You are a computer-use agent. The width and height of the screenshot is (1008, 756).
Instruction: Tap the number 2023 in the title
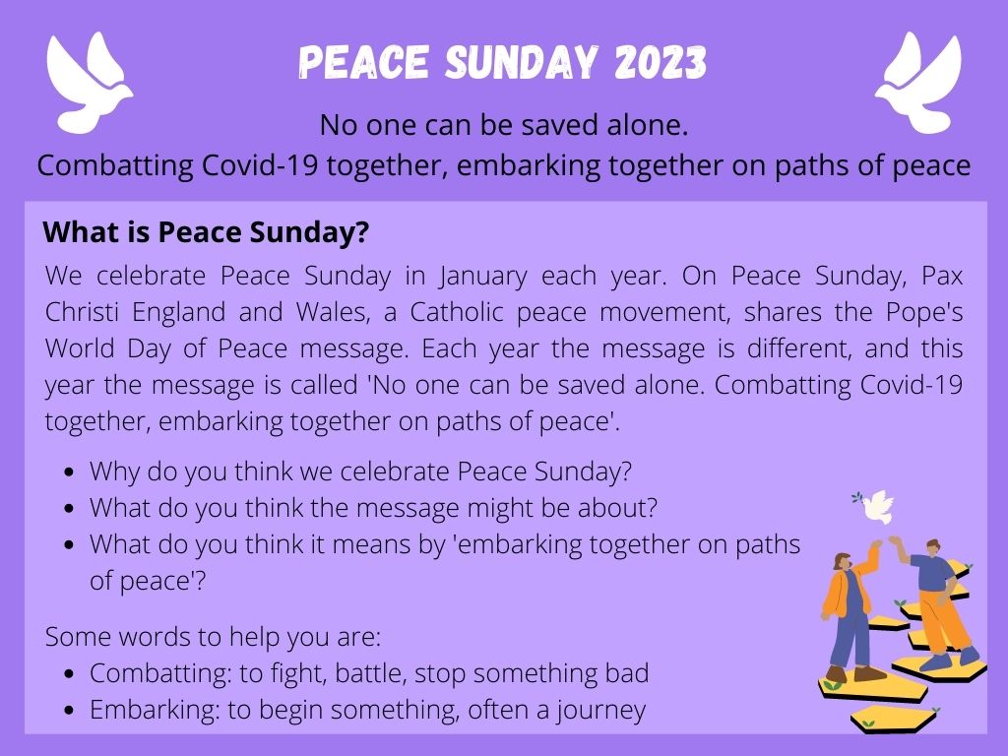pyautogui.click(x=661, y=62)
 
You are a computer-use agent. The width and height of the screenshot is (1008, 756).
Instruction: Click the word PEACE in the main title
pyautogui.click(x=363, y=62)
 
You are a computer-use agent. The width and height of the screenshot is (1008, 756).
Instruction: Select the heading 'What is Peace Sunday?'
pyautogui.click(x=206, y=232)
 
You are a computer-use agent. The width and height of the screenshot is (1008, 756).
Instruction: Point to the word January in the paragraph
pyautogui.click(x=483, y=277)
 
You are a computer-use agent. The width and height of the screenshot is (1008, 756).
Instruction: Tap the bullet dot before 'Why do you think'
pyautogui.click(x=70, y=472)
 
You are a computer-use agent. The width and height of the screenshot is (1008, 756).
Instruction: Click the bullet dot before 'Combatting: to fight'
pyautogui.click(x=70, y=673)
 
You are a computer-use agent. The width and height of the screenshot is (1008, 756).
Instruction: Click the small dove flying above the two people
pyautogui.click(x=875, y=507)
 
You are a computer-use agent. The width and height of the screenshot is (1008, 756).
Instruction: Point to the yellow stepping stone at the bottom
pyautogui.click(x=894, y=718)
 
